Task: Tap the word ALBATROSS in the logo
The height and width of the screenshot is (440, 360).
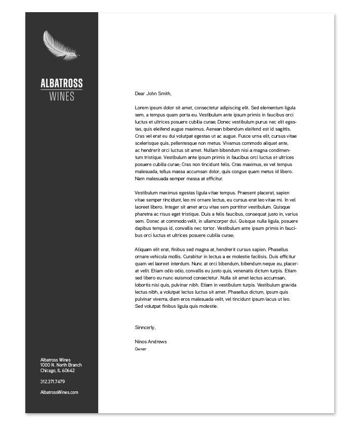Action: (62, 84)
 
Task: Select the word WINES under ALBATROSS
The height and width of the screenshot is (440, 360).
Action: (62, 96)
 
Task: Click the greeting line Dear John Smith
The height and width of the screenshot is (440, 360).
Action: (153, 94)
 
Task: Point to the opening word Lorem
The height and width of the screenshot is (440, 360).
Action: (141, 108)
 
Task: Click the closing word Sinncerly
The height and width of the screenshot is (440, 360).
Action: (145, 328)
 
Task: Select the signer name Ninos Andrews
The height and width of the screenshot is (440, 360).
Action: (151, 342)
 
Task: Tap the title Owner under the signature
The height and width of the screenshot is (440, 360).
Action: (141, 349)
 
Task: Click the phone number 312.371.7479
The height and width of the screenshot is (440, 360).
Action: (53, 382)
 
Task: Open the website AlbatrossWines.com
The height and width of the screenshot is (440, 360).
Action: (59, 392)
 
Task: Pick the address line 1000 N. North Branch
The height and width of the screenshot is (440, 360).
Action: (61, 365)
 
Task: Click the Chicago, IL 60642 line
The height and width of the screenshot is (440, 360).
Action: (57, 371)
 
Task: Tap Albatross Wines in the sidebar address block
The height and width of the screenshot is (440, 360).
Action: (56, 360)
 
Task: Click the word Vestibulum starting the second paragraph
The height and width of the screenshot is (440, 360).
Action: (146, 193)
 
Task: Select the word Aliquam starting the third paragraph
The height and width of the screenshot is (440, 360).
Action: (143, 250)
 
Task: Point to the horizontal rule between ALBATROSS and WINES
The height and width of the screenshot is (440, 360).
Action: (62, 90)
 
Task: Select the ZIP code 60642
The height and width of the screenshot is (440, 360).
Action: (68, 371)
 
